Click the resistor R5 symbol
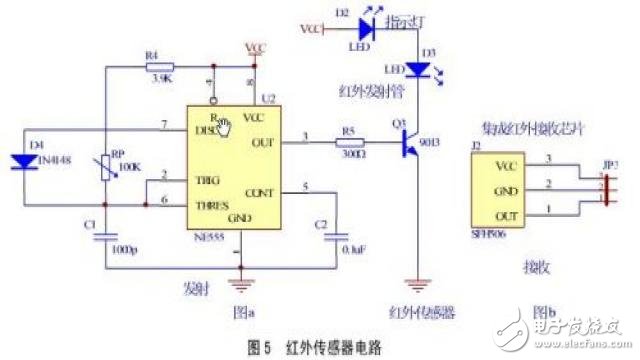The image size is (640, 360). point(347,144)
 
